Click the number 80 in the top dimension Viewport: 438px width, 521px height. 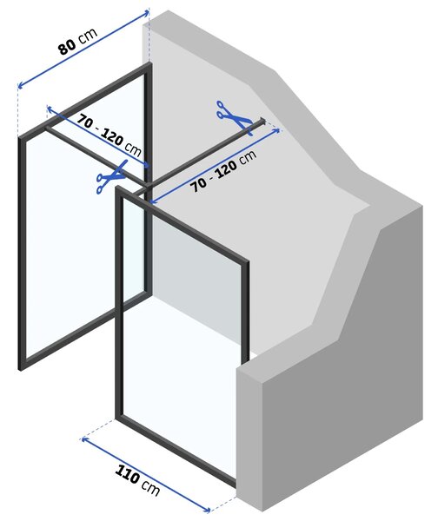[68, 47]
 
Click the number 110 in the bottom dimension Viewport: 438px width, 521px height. [127, 474]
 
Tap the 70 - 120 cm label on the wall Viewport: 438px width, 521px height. [223, 171]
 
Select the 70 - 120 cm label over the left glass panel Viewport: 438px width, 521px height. [109, 135]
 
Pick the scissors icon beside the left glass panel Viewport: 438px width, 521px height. [112, 177]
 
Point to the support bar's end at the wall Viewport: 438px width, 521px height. [262, 121]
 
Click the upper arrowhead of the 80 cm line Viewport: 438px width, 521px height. [146, 13]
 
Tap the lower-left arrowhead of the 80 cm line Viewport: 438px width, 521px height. [21, 85]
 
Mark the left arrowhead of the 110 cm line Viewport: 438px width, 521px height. [85, 440]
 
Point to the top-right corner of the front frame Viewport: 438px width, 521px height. [247, 263]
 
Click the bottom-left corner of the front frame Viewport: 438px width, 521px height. [119, 416]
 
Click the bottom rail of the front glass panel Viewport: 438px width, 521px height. [176, 448]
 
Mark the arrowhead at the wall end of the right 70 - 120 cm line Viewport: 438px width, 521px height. [276, 130]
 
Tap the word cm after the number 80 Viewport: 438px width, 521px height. [88, 36]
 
